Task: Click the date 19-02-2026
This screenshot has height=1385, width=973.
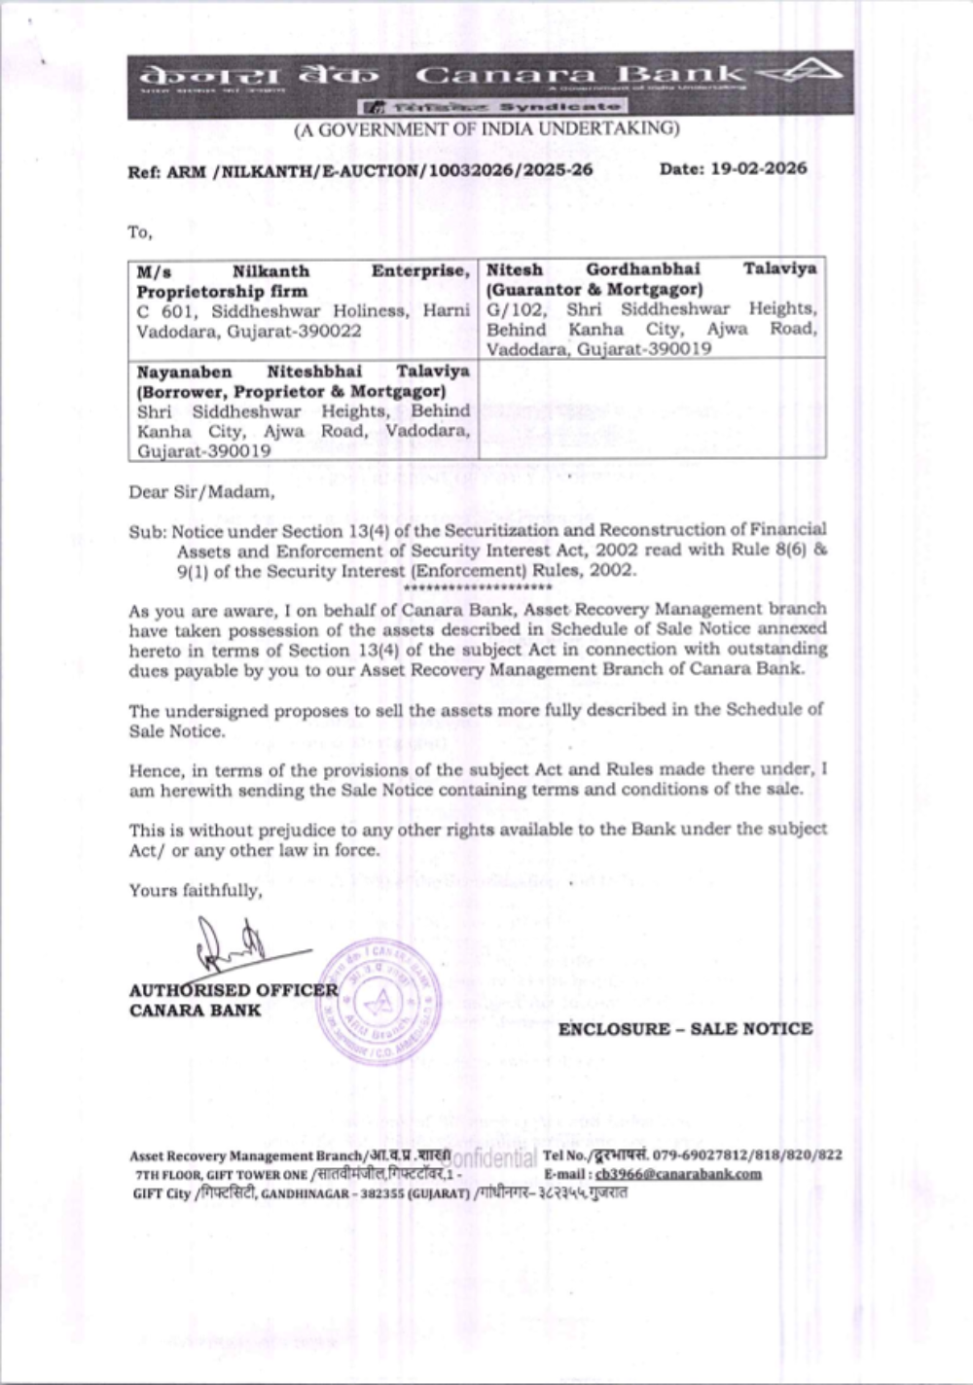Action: [x=758, y=168]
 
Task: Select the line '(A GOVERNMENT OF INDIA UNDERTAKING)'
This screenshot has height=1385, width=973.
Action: [x=486, y=128]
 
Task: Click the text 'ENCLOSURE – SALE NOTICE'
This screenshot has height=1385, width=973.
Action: [x=685, y=1029]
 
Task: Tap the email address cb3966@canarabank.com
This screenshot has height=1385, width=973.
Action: [x=678, y=1174]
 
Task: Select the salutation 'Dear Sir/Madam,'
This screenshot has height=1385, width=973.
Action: [x=201, y=492]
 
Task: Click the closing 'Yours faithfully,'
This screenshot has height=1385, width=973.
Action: [x=195, y=890]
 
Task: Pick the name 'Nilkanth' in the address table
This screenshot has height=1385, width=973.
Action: [x=270, y=271]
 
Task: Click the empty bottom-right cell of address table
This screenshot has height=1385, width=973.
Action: [x=652, y=408]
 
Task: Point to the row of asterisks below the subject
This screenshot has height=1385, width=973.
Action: [x=477, y=588]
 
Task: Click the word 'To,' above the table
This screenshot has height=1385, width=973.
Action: [x=140, y=232]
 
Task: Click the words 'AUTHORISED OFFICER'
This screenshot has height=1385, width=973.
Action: [x=234, y=990]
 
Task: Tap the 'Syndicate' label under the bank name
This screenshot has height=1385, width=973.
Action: [x=559, y=106]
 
